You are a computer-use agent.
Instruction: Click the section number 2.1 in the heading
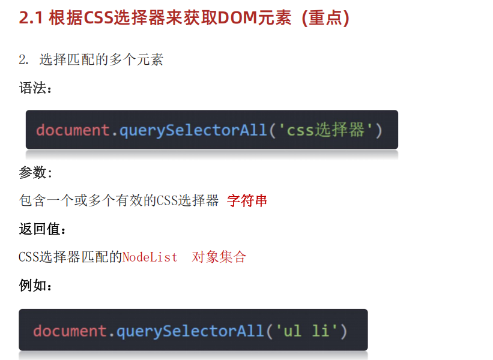click(31, 19)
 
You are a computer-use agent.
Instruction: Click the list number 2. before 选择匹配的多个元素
click(24, 60)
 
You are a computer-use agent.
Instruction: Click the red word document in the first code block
click(73, 130)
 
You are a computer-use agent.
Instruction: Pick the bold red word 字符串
click(247, 200)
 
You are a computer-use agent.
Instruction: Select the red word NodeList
click(150, 257)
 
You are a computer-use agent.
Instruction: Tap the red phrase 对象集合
click(219, 257)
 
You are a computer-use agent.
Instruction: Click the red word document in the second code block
click(70, 331)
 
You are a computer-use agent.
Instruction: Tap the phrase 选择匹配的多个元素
click(101, 60)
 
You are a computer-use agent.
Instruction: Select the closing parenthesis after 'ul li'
click(343, 331)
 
